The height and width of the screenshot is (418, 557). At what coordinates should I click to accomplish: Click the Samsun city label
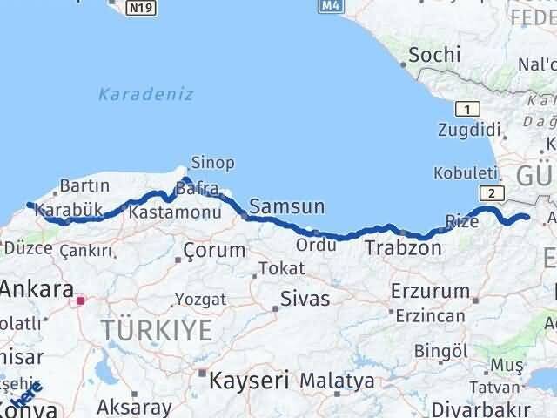tap(286, 206)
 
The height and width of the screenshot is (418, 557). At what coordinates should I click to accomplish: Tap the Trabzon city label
tap(403, 247)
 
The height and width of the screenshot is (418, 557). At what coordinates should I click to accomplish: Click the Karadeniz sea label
tap(145, 94)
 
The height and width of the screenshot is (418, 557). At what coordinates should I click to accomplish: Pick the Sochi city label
tap(434, 55)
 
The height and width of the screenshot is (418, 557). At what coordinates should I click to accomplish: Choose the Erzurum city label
tap(430, 290)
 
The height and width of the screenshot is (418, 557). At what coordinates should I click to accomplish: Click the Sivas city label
tap(305, 299)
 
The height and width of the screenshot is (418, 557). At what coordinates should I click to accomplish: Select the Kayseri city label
tap(246, 380)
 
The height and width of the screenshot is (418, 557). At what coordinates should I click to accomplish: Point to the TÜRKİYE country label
tap(157, 330)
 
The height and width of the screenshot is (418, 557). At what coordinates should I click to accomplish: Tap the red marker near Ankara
tap(80, 301)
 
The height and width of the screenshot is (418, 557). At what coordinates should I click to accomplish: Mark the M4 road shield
tap(328, 6)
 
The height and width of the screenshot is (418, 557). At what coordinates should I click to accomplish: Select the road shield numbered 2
tap(492, 193)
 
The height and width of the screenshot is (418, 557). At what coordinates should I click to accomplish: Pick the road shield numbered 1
tap(468, 108)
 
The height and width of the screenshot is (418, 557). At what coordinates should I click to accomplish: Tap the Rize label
tap(462, 221)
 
